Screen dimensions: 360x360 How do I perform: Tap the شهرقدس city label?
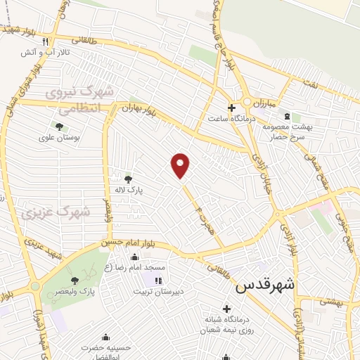pyautogui.click(x=265, y=285)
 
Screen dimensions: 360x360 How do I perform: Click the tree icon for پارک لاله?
pyautogui.click(x=127, y=179)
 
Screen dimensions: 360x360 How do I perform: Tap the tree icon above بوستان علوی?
pyautogui.click(x=59, y=127)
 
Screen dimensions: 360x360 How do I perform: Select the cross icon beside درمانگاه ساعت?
pyautogui.click(x=231, y=107)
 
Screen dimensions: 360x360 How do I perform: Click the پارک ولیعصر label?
pyautogui.click(x=77, y=290)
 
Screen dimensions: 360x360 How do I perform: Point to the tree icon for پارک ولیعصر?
pyautogui.click(x=75, y=281)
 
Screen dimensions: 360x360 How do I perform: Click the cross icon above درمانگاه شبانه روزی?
pyautogui.click(x=226, y=308)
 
